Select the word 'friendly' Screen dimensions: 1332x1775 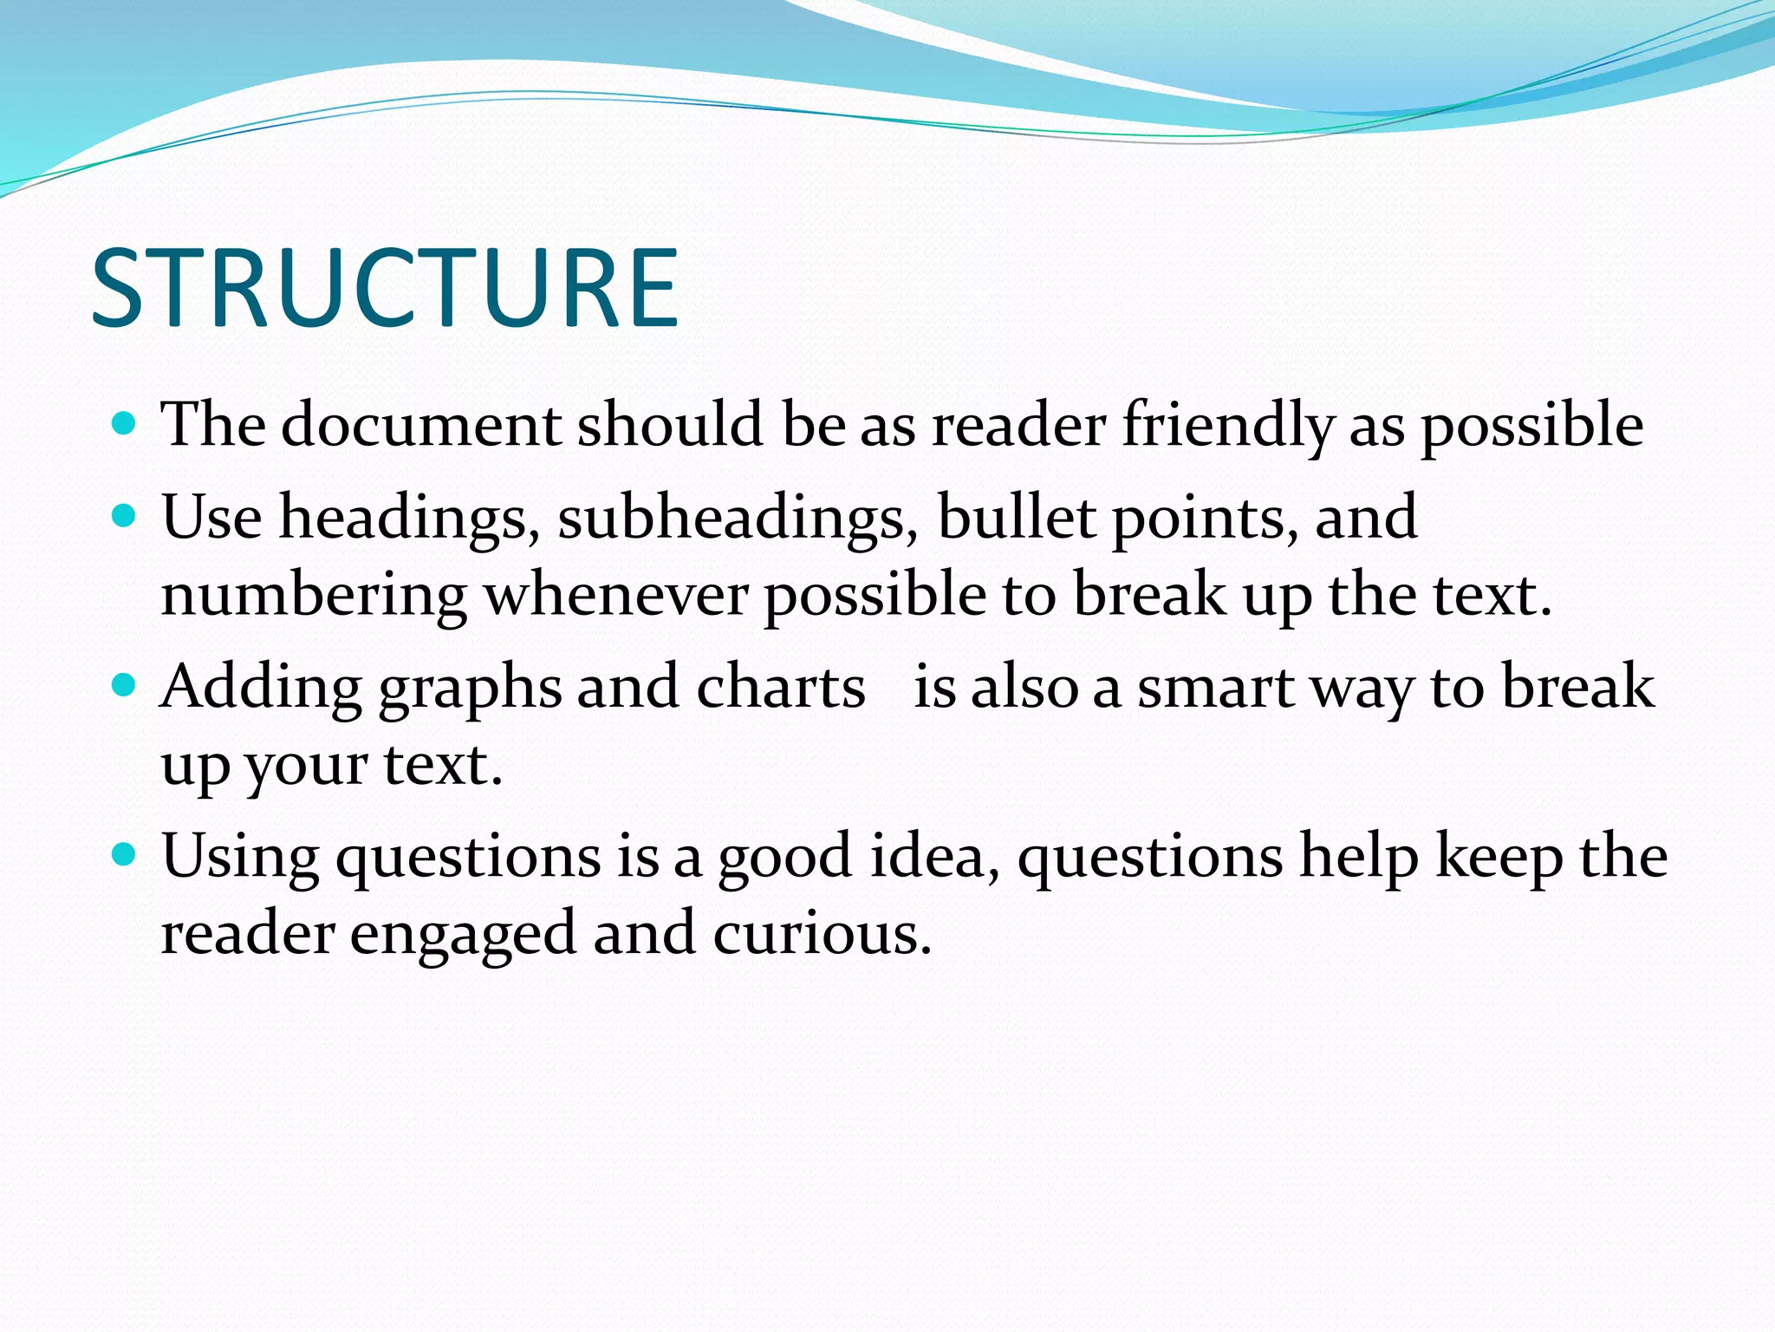tap(1227, 425)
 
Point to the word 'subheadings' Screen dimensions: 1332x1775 tap(738, 518)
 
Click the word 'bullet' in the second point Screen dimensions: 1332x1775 tap(1017, 518)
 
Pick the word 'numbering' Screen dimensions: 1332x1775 tap(314, 597)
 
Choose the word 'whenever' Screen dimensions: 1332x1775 tap(615, 597)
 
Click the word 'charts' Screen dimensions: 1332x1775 tap(781, 688)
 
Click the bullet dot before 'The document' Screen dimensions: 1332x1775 tap(125, 424)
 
